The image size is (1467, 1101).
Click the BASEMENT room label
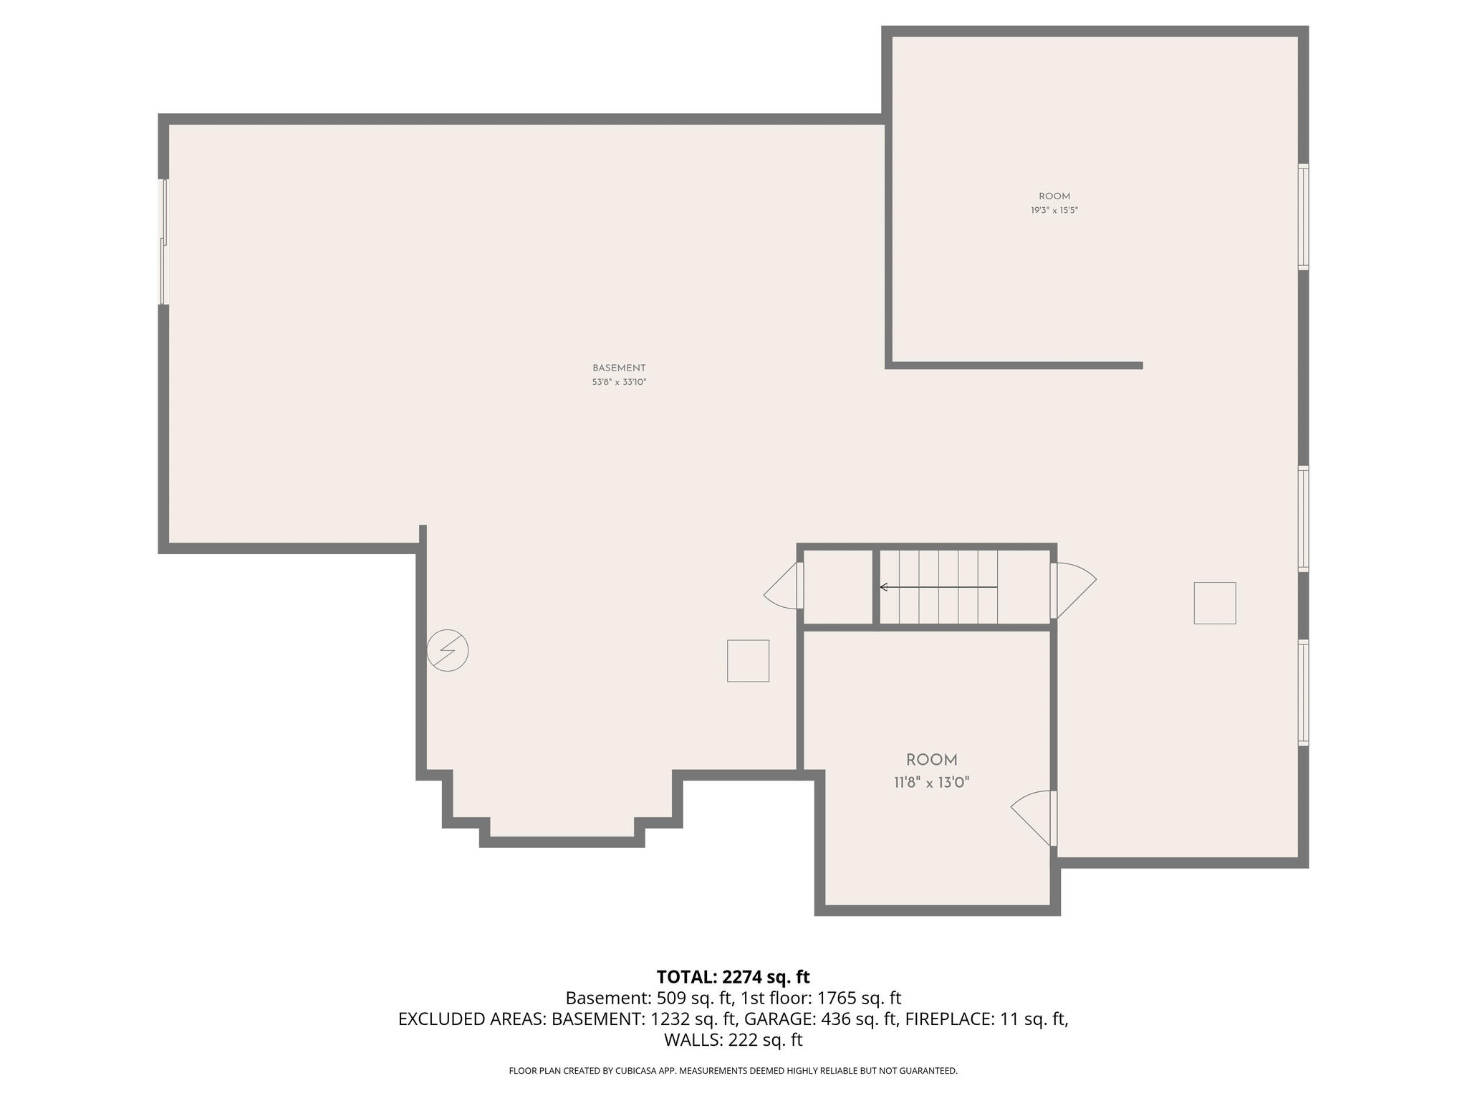(x=619, y=368)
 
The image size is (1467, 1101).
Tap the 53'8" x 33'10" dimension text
(x=619, y=383)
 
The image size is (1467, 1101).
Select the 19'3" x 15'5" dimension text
(x=1054, y=211)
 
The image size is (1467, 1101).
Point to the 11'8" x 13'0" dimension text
(x=931, y=783)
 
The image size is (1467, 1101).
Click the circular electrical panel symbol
(x=448, y=651)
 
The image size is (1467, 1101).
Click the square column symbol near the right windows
(x=1214, y=603)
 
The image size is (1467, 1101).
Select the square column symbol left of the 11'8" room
(x=748, y=661)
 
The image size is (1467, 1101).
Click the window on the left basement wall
(x=163, y=242)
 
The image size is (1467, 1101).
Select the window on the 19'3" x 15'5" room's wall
(x=1303, y=217)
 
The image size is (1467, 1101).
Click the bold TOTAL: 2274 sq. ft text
(x=733, y=977)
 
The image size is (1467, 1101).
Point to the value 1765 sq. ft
(x=858, y=998)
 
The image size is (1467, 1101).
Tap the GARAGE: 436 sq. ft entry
(x=821, y=1019)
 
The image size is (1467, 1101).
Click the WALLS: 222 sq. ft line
(x=733, y=1039)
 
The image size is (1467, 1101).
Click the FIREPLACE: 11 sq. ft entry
(x=987, y=1019)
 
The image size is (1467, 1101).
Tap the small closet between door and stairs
(x=837, y=587)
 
